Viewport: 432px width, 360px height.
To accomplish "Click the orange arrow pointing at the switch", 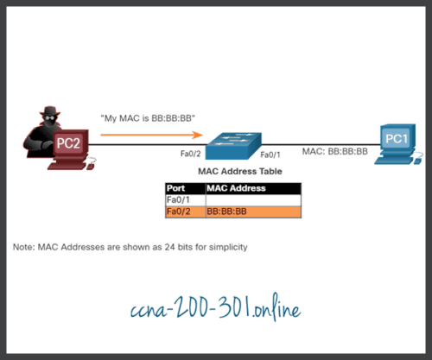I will pos(152,135).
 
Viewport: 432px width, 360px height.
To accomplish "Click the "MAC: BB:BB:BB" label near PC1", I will pos(335,151).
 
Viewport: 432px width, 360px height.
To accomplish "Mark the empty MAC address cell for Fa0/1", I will pos(252,199).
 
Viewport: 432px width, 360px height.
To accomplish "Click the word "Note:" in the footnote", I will pos(24,247).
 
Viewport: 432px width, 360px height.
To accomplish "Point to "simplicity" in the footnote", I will pos(226,247).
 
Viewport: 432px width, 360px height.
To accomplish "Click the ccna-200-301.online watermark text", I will pos(217,306).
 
